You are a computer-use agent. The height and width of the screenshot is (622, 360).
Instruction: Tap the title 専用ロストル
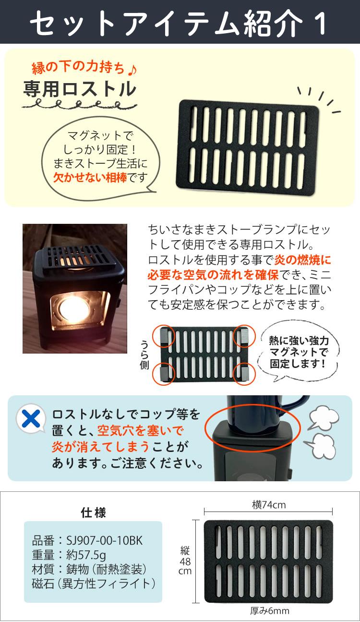pyautogui.click(x=79, y=89)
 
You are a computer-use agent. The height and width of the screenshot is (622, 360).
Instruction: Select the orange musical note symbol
pyautogui.click(x=132, y=69)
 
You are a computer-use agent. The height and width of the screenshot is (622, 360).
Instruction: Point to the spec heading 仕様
pyautogui.click(x=93, y=512)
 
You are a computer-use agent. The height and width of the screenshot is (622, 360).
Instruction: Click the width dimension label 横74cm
pyautogui.click(x=268, y=504)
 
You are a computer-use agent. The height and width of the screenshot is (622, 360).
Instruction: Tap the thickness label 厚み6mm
pyautogui.click(x=269, y=611)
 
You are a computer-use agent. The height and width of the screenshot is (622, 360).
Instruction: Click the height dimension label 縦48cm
pyautogui.click(x=185, y=561)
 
